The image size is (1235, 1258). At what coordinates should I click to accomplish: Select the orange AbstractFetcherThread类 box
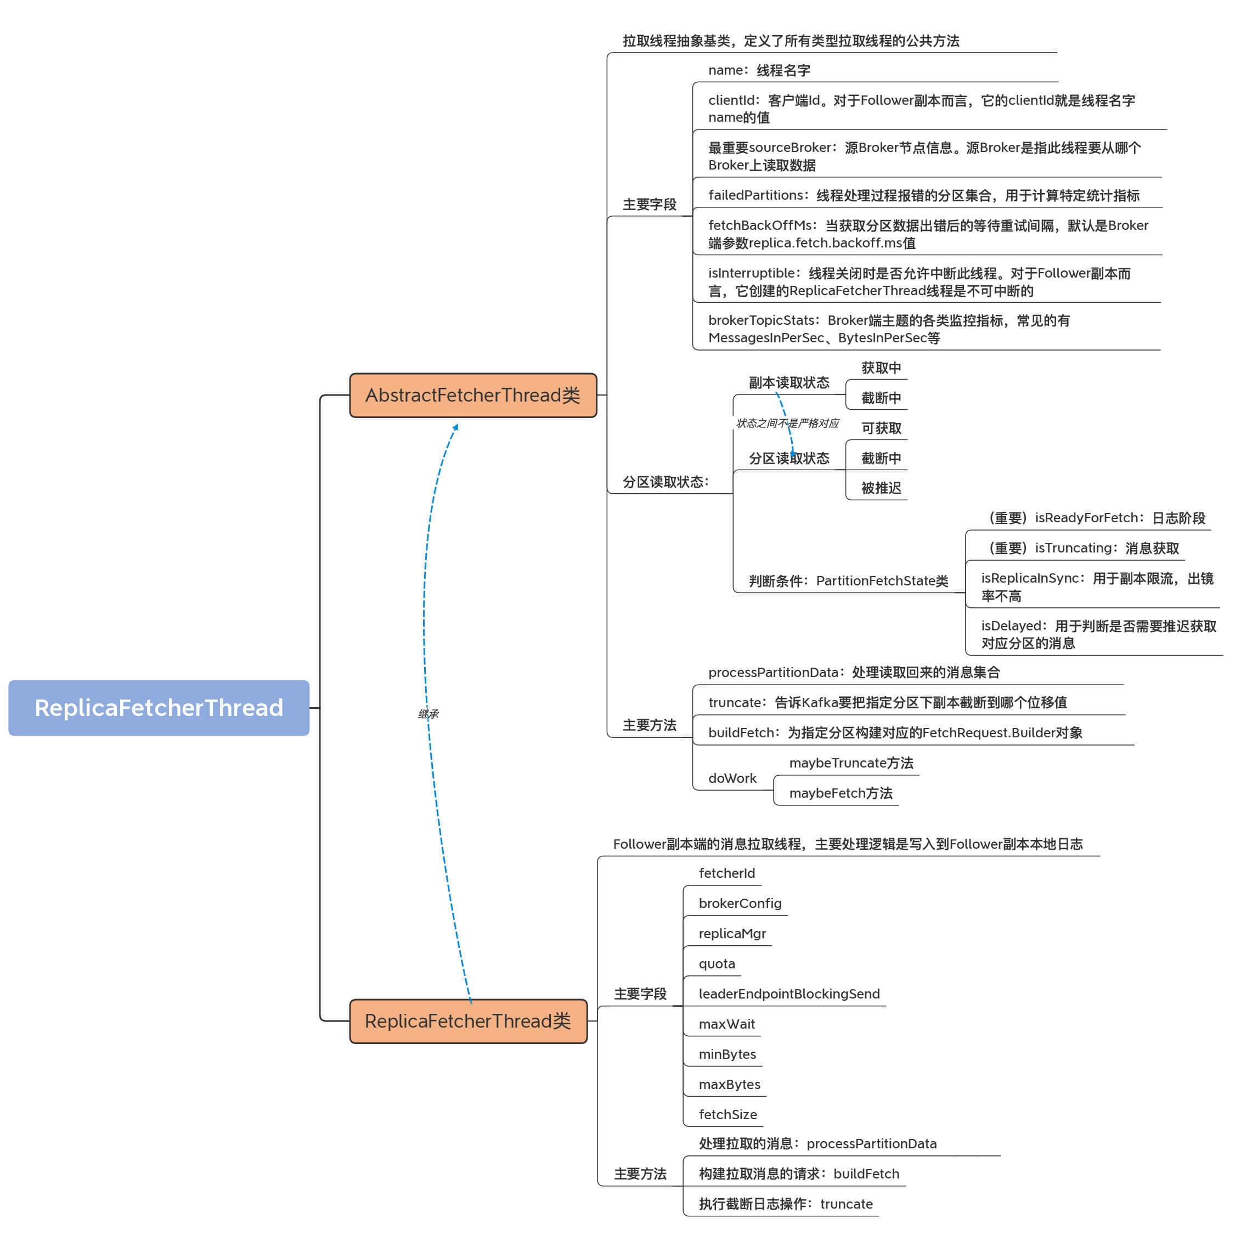[x=472, y=395]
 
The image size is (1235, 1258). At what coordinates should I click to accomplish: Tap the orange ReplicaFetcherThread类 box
[x=467, y=1020]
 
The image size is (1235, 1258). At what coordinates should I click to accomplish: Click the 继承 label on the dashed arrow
[x=428, y=714]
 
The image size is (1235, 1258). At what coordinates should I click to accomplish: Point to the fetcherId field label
[x=726, y=873]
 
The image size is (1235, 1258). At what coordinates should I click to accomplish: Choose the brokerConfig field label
[x=740, y=903]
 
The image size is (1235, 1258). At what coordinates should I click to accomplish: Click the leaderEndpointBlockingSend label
[x=789, y=994]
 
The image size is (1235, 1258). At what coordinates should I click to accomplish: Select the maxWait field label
[x=726, y=1024]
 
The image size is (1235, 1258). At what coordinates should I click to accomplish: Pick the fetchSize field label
[x=727, y=1114]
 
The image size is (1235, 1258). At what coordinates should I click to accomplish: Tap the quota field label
[x=717, y=963]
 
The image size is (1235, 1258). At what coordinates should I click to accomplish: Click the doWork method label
[x=732, y=778]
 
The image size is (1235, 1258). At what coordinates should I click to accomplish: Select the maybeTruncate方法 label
[x=850, y=763]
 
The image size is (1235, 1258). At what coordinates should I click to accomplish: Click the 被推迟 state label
[x=881, y=488]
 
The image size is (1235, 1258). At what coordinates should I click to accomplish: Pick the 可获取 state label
[x=881, y=428]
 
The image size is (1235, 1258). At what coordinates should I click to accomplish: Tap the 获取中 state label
[x=881, y=368]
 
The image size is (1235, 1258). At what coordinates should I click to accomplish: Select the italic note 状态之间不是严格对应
[x=787, y=424]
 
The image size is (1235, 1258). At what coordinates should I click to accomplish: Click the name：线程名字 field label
[x=758, y=70]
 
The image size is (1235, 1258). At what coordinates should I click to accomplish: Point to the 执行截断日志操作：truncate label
[x=785, y=1204]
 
